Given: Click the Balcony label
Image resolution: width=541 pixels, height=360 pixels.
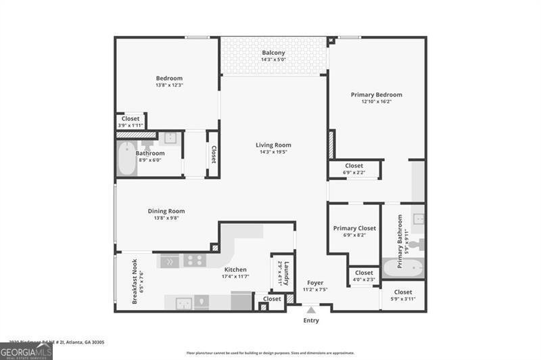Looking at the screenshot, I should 273,53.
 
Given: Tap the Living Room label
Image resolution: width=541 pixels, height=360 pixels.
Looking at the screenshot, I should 273,145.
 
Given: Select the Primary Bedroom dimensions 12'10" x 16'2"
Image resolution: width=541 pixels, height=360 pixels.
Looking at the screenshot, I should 376,102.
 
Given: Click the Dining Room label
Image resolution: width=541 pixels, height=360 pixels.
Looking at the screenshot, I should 166,211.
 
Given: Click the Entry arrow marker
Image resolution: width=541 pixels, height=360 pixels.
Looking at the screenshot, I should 311,311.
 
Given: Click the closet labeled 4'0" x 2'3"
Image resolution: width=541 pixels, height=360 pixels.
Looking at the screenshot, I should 364,276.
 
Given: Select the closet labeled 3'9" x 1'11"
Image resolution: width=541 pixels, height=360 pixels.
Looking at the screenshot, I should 131,122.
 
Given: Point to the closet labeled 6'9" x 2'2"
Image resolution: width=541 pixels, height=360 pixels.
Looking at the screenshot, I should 354,169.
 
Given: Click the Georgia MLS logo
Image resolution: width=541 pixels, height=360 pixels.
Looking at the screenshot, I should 26,352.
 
